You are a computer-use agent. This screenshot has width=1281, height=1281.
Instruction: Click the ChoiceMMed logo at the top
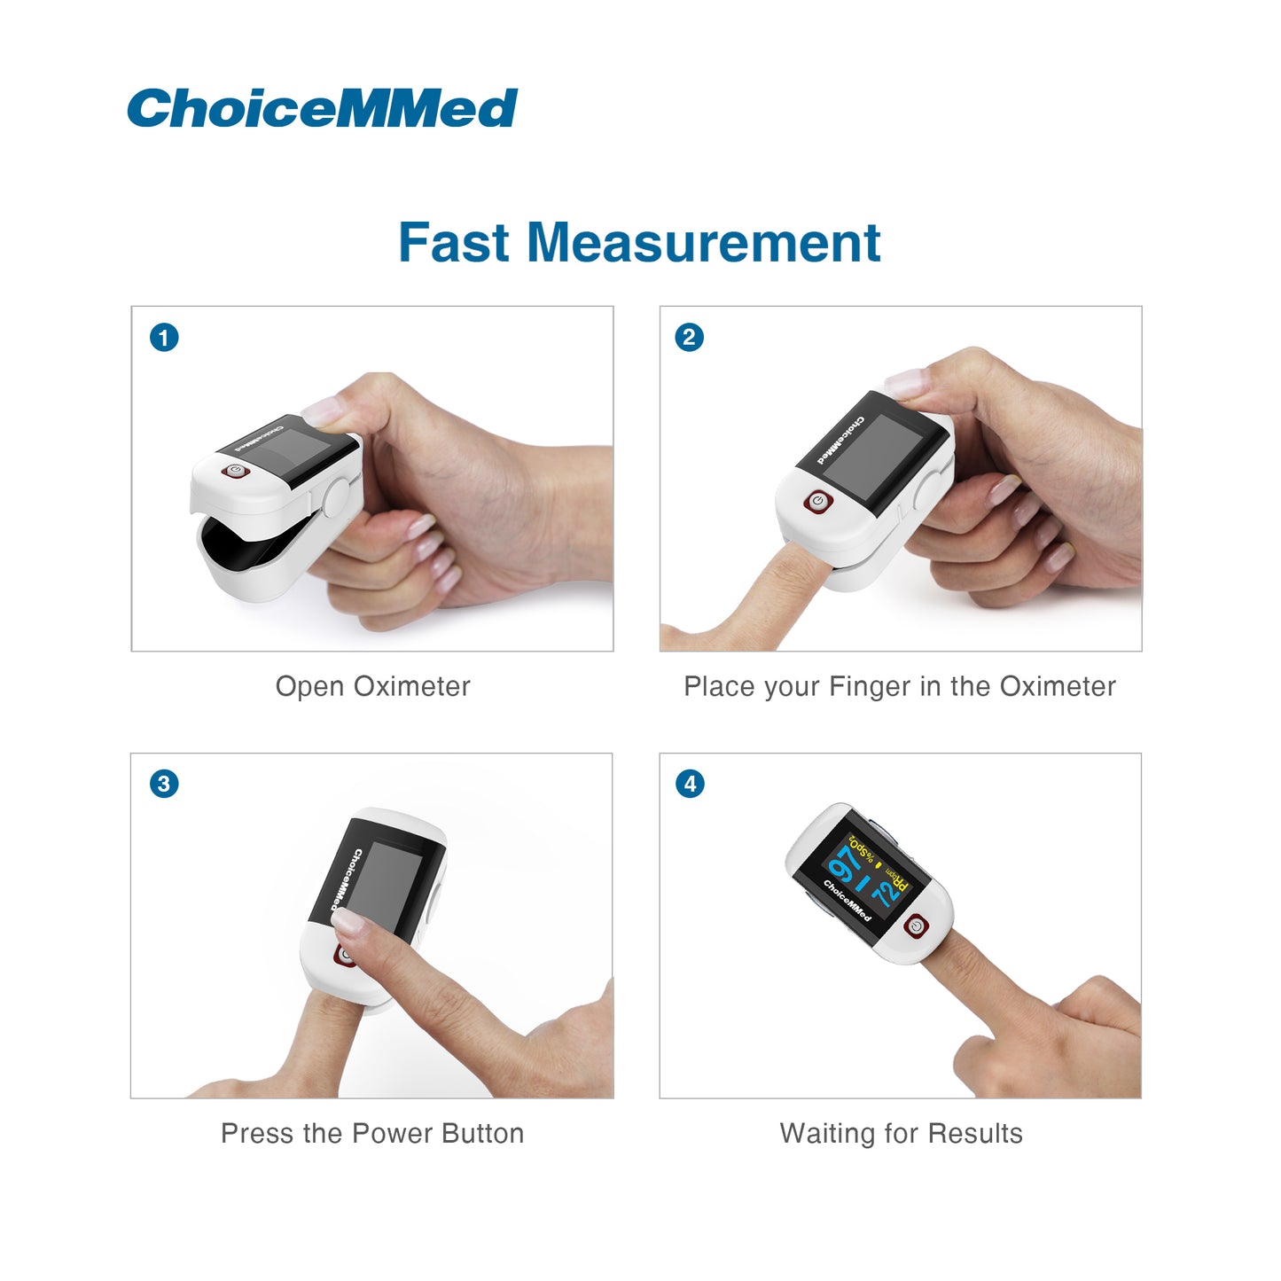pos(323,108)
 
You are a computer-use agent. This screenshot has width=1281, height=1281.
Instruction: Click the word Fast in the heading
pos(454,243)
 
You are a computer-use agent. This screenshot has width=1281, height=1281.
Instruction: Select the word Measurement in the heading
pos(704,243)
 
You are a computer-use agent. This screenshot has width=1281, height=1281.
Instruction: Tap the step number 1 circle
pos(164,337)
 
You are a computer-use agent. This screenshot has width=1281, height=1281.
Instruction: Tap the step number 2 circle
pos(690,337)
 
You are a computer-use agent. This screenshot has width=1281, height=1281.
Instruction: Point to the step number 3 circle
pos(164,784)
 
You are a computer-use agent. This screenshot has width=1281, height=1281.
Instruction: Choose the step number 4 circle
pos(690,784)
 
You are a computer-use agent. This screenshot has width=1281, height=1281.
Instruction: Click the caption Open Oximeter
pos(373,687)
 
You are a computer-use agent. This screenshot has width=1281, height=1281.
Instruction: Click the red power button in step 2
pos(817,501)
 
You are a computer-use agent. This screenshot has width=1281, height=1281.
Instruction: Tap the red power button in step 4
pos(917,926)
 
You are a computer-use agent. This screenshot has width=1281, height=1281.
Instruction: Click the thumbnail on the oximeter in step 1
pos(324,410)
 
